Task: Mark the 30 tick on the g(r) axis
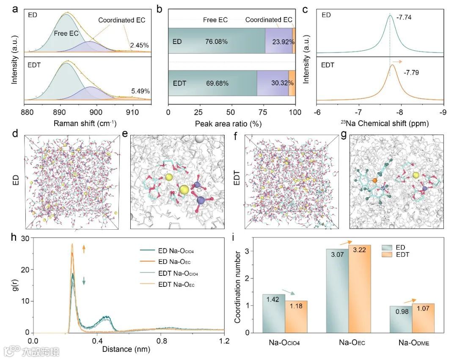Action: tap(25, 238)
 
